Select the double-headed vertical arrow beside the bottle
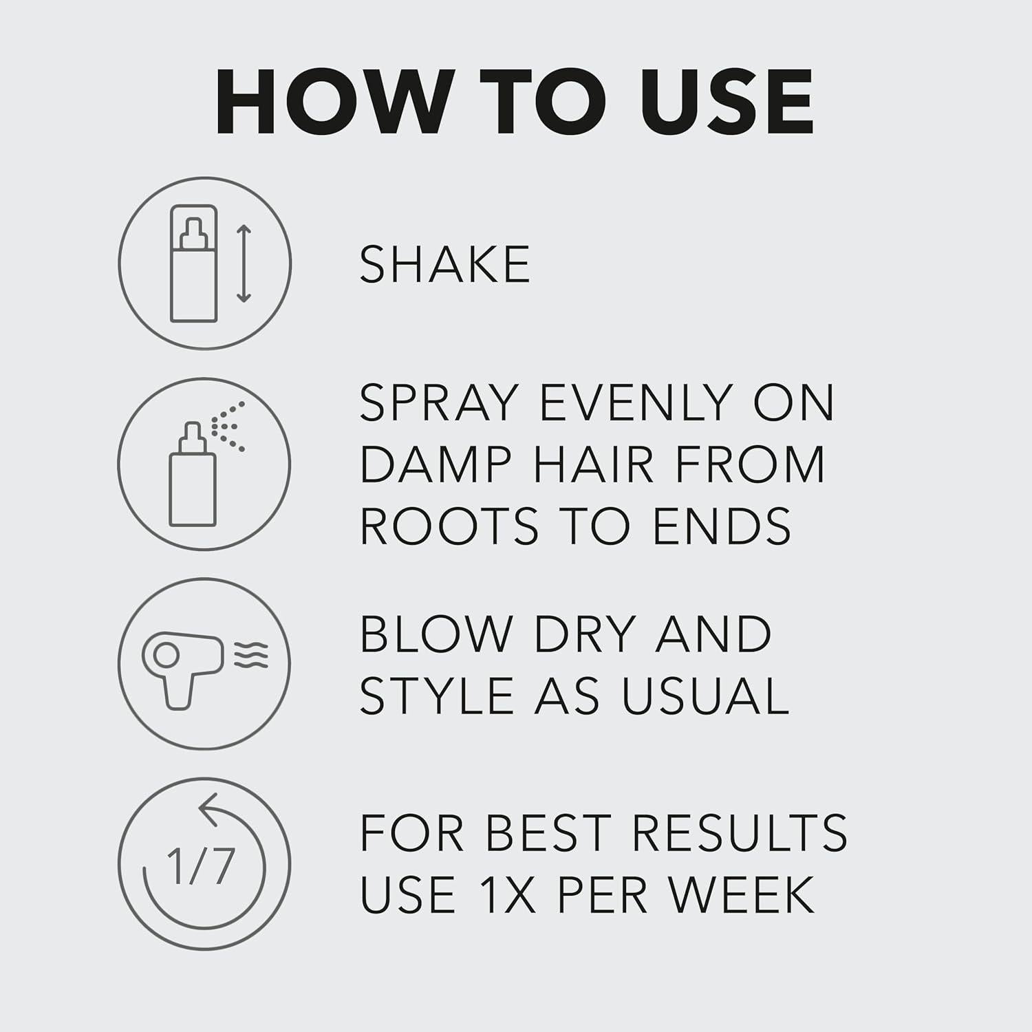(x=244, y=264)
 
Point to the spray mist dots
(x=230, y=427)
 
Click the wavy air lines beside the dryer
(x=251, y=654)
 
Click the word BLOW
(x=434, y=634)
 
